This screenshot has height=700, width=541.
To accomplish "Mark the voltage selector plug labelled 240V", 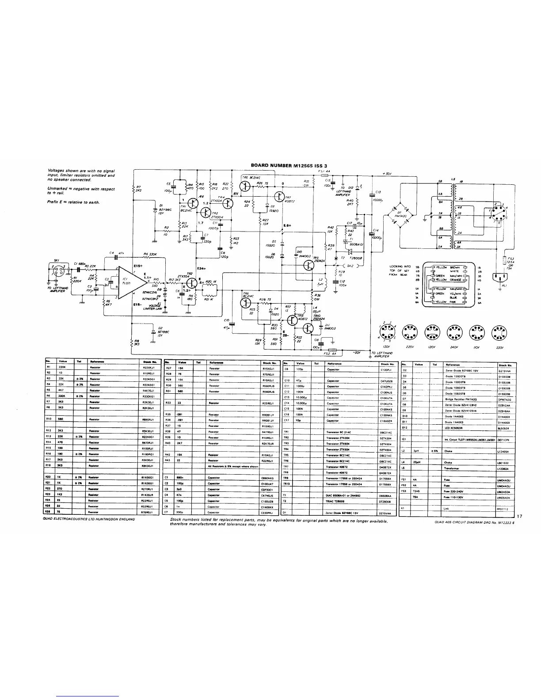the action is [452, 331].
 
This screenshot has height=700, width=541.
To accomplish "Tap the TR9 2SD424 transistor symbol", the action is [309, 265].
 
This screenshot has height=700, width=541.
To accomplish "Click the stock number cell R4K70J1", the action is [148, 390].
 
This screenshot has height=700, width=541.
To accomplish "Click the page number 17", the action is [519, 516].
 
